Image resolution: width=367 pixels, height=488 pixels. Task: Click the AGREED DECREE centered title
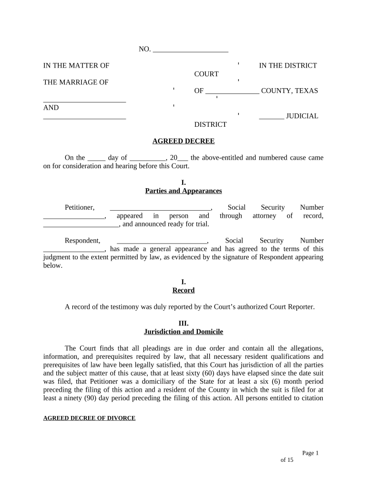(183, 141)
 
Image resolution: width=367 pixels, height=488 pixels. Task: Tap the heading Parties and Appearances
(183, 191)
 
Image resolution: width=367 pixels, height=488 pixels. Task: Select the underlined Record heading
(183, 290)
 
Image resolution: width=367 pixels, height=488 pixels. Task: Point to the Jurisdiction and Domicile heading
(183, 332)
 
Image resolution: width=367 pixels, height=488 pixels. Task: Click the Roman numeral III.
(183, 324)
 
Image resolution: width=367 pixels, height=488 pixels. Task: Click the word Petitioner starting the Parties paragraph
(80, 207)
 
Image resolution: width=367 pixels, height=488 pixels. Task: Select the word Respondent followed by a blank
(82, 241)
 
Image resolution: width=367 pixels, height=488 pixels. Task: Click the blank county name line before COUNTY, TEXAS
(233, 91)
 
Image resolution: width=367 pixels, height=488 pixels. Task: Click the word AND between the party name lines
(51, 108)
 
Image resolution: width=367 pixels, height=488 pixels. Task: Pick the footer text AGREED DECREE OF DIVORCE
(90, 418)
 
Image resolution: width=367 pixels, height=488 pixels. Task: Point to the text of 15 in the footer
(286, 460)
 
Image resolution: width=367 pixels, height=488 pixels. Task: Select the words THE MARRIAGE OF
(76, 82)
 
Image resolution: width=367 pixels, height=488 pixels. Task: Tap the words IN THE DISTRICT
(288, 66)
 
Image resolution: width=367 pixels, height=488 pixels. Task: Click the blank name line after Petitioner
(160, 207)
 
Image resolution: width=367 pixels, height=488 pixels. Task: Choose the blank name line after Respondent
(162, 241)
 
